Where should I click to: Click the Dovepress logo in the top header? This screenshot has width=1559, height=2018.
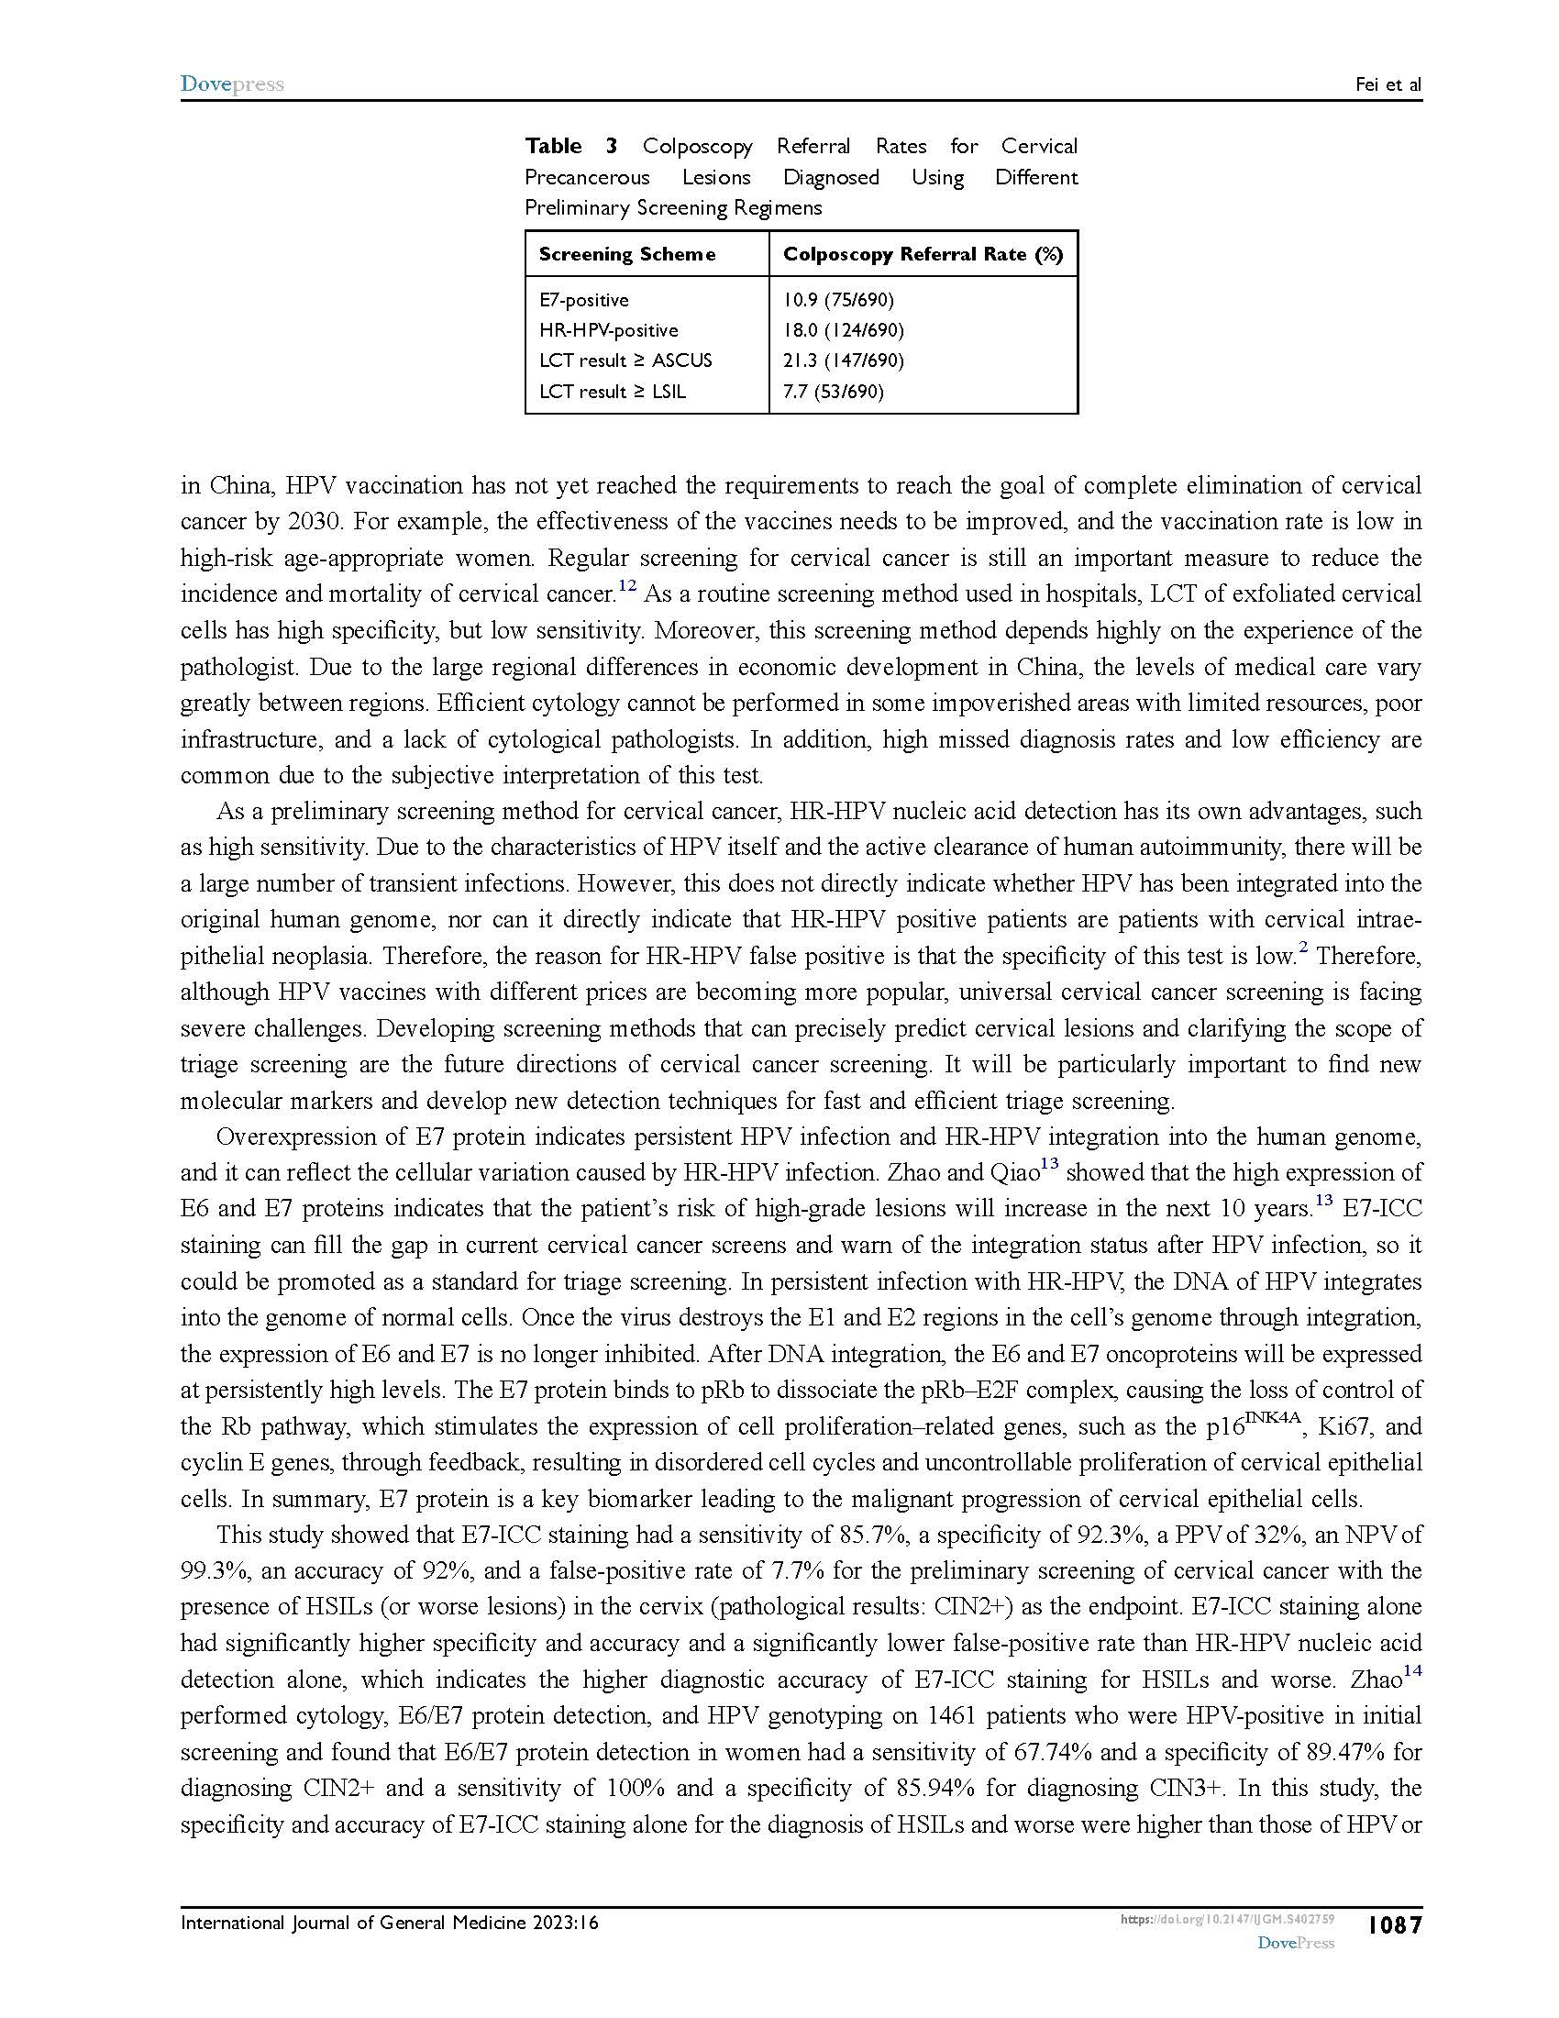[x=232, y=84]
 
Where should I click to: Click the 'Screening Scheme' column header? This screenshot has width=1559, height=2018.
[x=627, y=254]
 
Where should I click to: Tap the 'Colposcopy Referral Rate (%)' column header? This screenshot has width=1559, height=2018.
[x=923, y=254]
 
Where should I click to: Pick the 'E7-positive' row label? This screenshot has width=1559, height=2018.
[x=583, y=299]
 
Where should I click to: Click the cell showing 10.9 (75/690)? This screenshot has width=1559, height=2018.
[x=838, y=299]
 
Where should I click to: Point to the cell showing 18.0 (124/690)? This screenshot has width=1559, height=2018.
[x=843, y=330]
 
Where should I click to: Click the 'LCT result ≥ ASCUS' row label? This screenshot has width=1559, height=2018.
[x=625, y=360]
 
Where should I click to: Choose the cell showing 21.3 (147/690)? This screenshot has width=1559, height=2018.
[x=843, y=360]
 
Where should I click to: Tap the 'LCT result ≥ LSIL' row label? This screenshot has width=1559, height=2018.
[x=613, y=391]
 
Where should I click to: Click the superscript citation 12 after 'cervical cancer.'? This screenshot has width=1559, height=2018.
[x=627, y=586]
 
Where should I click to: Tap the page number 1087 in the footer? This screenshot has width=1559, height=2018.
[x=1395, y=1924]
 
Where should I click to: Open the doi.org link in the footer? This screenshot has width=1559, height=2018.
[x=1227, y=1919]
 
